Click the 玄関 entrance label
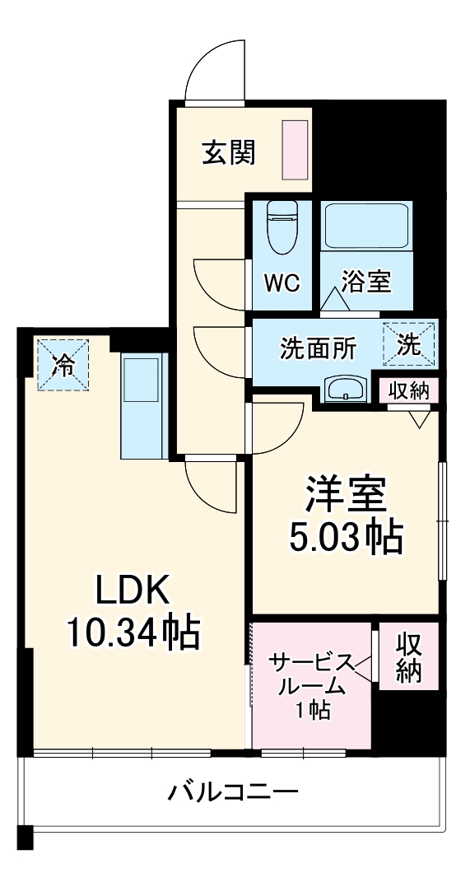(228, 152)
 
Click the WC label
(282, 282)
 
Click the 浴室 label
(367, 282)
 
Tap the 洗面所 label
(318, 348)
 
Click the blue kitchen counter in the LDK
(144, 406)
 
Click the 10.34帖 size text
(133, 633)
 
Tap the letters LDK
(132, 590)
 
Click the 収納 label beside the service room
(407, 656)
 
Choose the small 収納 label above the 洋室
(409, 391)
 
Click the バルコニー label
(233, 793)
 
